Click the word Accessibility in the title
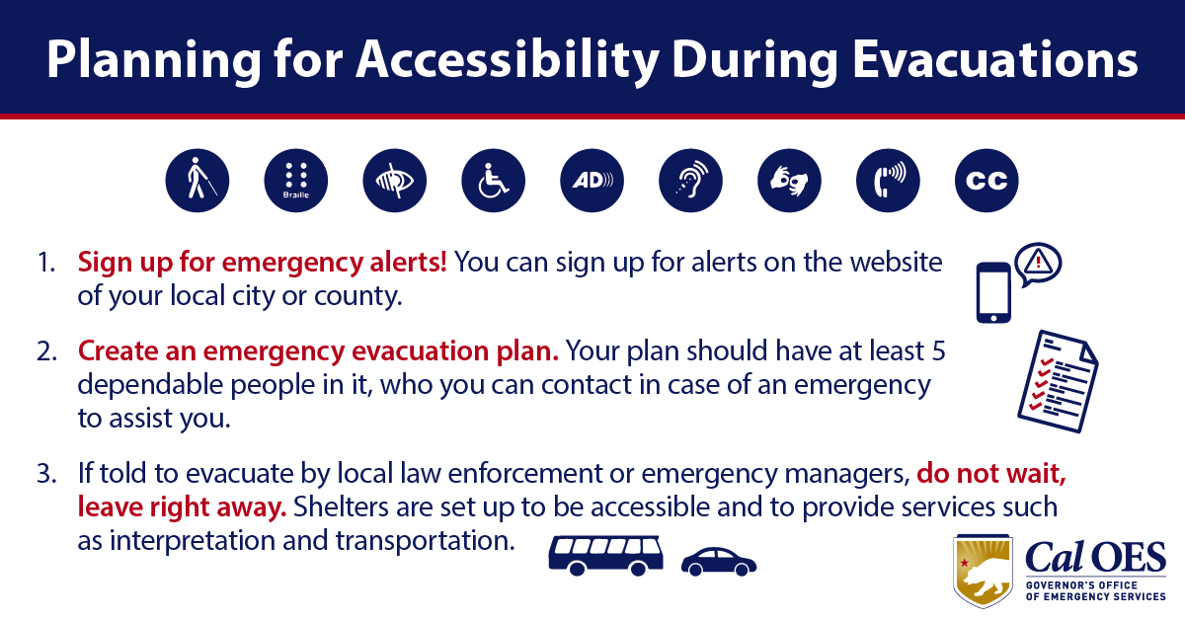coord(508,60)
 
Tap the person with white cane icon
coord(197,181)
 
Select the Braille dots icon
coord(295,181)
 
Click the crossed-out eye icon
coord(395,181)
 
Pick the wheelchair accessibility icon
coord(493,181)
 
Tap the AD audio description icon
coord(592,181)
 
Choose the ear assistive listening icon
coord(690,181)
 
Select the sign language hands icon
coord(789,181)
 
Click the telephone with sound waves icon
coord(888,181)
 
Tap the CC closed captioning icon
coord(987,181)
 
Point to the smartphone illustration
coord(993,292)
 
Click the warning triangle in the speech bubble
coord(1039,262)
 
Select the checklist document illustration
coord(1058,381)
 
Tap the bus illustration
coord(606,555)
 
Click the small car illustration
coord(719,562)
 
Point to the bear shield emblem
coord(983,572)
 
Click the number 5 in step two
coord(938,351)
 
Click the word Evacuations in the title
coord(995,60)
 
